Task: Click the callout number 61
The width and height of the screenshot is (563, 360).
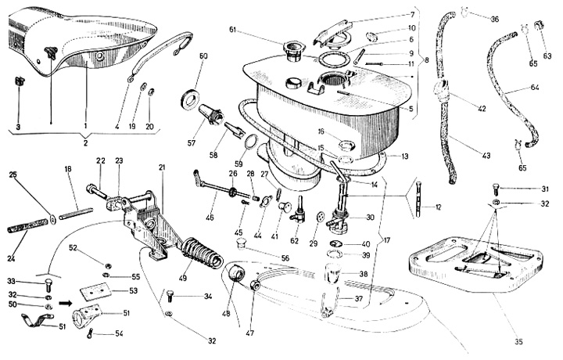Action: [255, 29]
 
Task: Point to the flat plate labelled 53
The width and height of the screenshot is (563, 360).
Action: [97, 290]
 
